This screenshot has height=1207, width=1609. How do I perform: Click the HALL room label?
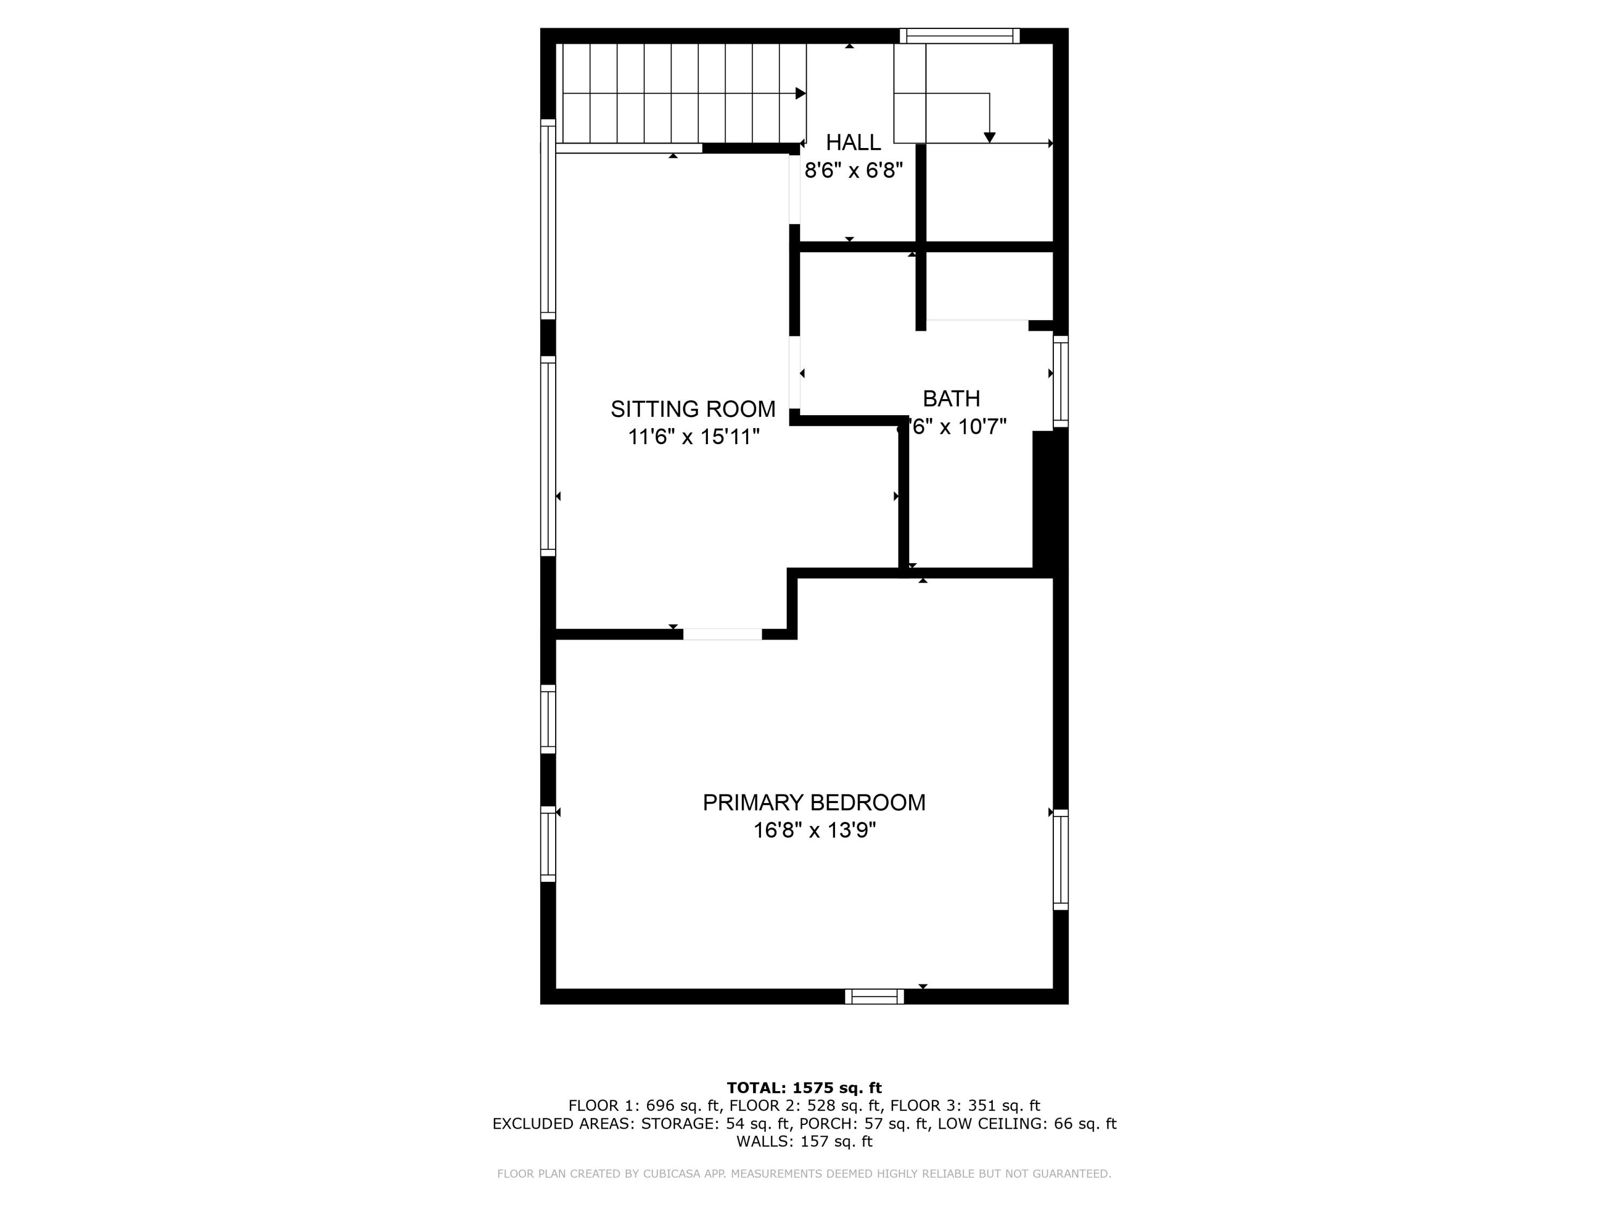(853, 142)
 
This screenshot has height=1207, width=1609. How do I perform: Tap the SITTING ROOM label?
(692, 409)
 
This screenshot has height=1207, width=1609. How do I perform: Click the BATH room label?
(951, 399)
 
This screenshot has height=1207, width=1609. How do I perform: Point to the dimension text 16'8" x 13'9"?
(814, 830)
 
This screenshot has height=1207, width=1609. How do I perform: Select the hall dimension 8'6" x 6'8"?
(853, 170)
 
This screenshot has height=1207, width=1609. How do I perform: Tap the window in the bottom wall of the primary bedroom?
(874, 996)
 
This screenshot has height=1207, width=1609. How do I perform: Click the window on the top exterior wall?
(959, 35)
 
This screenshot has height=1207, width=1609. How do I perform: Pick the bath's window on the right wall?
(1060, 381)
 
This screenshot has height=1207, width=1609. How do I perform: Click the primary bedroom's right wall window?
(1060, 859)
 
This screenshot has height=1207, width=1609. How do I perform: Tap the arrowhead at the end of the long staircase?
(801, 93)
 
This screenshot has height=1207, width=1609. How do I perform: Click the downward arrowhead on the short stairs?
(989, 137)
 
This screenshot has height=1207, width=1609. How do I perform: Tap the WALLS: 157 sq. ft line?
(804, 1141)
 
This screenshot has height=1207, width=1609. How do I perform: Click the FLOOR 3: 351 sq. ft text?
(964, 1106)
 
